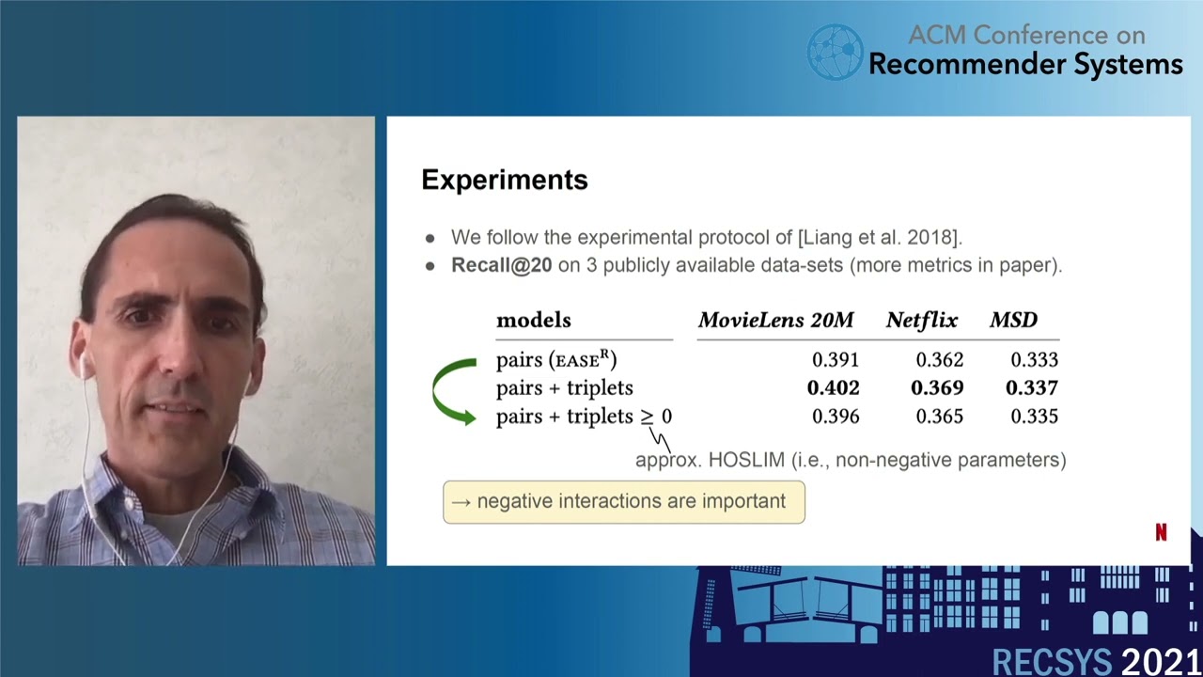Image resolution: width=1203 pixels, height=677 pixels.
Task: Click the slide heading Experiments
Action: click(504, 180)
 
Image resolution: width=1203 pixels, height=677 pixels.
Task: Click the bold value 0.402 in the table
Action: click(833, 388)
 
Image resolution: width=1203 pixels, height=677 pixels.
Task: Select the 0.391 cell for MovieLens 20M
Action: click(835, 360)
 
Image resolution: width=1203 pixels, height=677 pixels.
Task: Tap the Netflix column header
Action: click(921, 321)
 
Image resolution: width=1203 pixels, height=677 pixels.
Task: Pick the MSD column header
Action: click(1013, 321)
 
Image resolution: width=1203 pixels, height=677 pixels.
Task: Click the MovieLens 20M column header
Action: click(775, 321)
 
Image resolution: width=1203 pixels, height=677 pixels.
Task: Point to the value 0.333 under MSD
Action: click(1034, 360)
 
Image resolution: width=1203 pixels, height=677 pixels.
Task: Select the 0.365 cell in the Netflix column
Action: click(939, 417)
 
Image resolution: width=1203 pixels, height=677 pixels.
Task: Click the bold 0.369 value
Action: click(937, 388)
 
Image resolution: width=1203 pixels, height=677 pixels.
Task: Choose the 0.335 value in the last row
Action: click(1034, 417)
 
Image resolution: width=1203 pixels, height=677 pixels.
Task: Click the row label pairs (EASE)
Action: click(555, 360)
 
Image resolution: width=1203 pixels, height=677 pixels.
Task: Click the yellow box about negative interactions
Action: click(623, 501)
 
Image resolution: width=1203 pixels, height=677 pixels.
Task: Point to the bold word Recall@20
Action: click(501, 265)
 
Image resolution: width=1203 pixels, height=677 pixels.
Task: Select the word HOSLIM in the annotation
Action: click(747, 460)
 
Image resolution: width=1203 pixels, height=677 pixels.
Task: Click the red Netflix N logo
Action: click(1161, 532)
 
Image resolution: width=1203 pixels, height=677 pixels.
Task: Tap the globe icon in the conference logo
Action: click(835, 51)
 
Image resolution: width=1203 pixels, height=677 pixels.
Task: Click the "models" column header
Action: click(533, 321)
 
